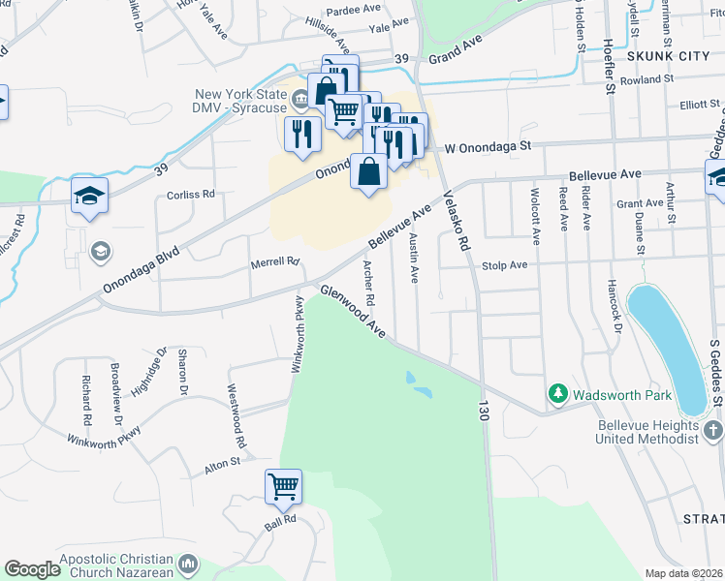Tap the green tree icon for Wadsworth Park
point(557,393)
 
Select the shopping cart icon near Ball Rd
point(283,486)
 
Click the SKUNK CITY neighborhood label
point(668,57)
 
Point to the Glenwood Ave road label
point(353,311)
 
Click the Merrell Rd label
point(274,261)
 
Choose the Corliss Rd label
point(190,195)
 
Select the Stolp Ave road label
point(505,264)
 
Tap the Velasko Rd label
point(457,218)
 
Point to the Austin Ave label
point(414,258)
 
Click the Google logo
point(32,569)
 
